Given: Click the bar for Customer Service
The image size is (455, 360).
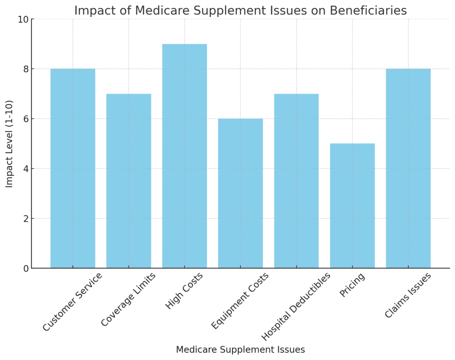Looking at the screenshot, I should [73, 169].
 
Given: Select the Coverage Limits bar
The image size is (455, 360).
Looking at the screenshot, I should [129, 181].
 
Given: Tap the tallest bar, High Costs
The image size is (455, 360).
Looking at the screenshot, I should [184, 156].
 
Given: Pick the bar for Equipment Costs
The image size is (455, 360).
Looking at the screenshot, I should [240, 194].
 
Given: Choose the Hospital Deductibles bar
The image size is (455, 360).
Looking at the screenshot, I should [296, 181].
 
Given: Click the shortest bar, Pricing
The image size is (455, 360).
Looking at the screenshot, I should [352, 206].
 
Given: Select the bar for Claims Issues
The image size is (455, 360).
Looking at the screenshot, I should [408, 169].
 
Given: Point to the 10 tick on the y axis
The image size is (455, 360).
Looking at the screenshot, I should [23, 20].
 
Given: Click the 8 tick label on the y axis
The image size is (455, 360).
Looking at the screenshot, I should [25, 69].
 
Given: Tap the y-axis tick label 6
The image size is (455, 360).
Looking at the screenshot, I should [25, 119].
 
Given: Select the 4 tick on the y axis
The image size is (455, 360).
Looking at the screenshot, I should [25, 169].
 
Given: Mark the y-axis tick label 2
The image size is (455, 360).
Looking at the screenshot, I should [25, 219].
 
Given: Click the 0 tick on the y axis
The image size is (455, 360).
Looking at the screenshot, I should [25, 269].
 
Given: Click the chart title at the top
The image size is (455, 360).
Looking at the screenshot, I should [240, 10].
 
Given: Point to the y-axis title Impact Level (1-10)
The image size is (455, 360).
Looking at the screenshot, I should [9, 144].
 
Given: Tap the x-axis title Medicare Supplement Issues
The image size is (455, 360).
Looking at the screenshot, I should [240, 350].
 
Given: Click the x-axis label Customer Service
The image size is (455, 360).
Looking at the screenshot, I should [73, 302].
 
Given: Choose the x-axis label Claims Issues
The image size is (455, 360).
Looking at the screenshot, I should [408, 296].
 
